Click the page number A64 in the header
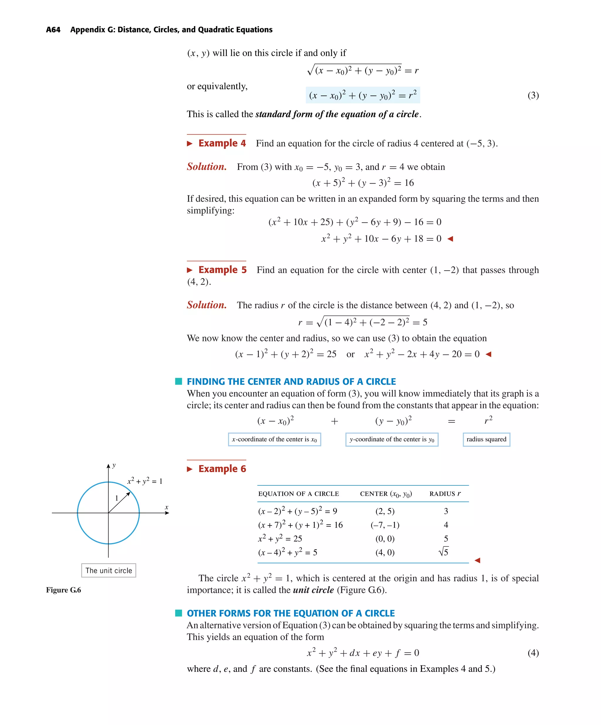[53, 30]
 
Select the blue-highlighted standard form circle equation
[363, 95]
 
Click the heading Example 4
[222, 143]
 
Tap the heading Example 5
[222, 270]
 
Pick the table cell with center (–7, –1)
[385, 525]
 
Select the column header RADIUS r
[444, 494]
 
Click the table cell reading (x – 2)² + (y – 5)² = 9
[297, 511]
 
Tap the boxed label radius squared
[486, 439]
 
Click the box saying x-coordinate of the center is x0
[274, 439]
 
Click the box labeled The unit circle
[109, 570]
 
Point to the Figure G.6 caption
[63, 590]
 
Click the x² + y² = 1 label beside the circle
[145, 481]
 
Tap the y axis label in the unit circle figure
[114, 465]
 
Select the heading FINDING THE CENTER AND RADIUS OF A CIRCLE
[291, 381]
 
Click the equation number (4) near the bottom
[533, 652]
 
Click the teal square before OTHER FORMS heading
[178, 613]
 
